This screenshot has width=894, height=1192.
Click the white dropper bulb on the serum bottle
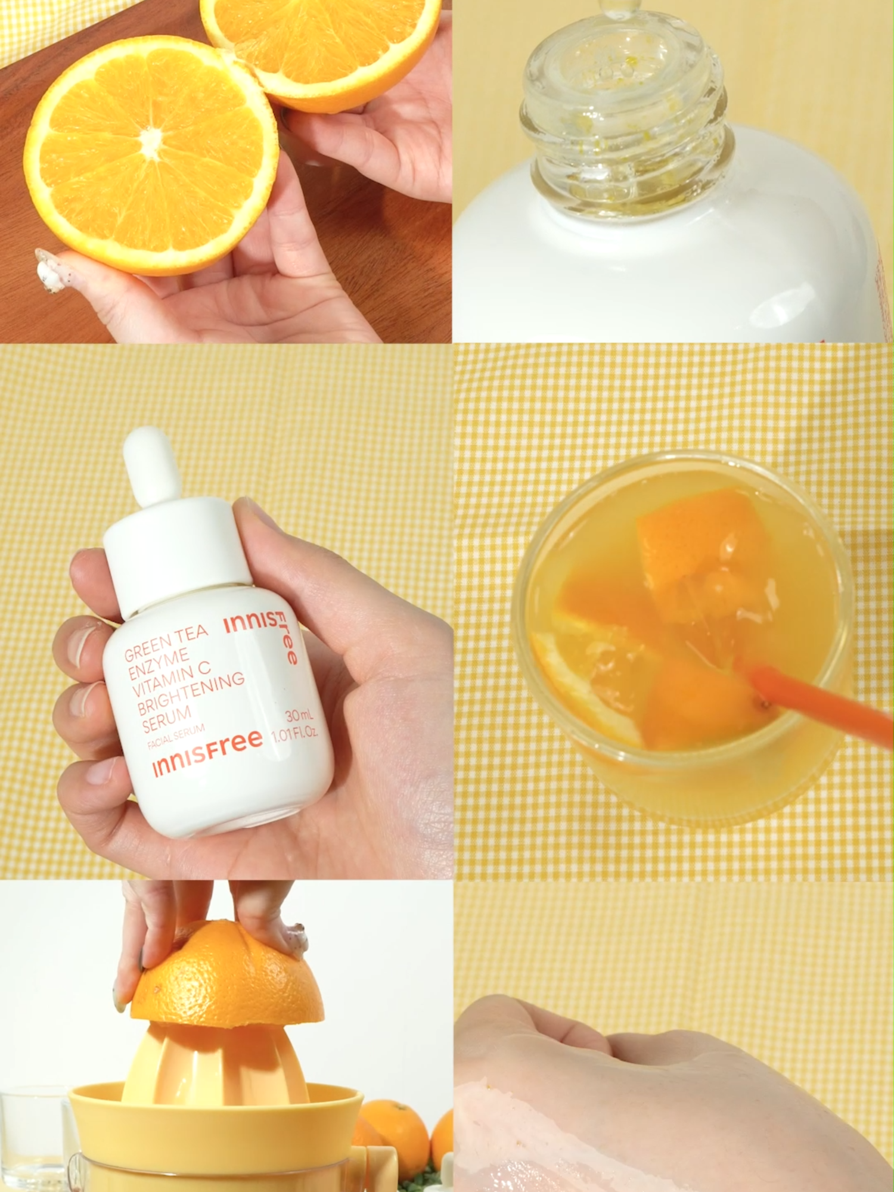pyautogui.click(x=151, y=465)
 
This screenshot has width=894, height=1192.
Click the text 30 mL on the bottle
pyautogui.click(x=299, y=715)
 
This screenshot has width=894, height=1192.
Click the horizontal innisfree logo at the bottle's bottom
pyautogui.click(x=207, y=752)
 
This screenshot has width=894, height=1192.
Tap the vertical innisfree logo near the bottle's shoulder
pyautogui.click(x=262, y=635)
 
